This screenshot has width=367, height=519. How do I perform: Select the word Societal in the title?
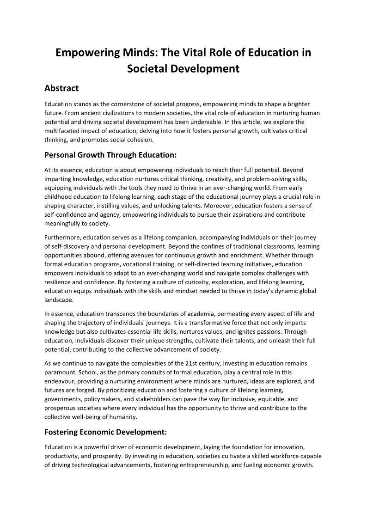(147, 69)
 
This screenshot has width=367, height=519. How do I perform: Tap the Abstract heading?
(61, 88)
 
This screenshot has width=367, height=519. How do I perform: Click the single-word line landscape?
(59, 299)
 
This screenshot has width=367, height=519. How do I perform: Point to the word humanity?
(124, 417)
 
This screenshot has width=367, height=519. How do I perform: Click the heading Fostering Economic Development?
(105, 433)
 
